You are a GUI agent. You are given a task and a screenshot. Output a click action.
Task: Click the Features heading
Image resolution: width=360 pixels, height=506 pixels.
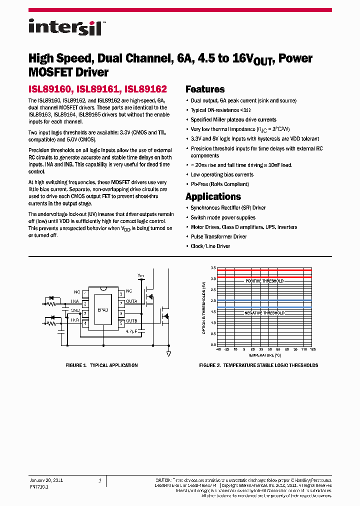tap(205, 89)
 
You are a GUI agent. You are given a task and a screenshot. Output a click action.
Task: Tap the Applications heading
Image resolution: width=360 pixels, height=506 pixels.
tap(213, 196)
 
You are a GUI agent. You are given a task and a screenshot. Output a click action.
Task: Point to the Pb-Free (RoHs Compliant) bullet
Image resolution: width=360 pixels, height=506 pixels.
tap(219, 184)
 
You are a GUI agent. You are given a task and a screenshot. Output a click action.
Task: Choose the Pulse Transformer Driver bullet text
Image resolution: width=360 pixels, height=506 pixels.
tap(218, 236)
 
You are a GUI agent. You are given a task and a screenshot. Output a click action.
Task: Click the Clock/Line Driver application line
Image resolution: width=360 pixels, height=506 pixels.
tap(210, 246)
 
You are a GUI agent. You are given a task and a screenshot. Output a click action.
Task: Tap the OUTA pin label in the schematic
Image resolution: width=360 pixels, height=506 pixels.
tap(131, 301)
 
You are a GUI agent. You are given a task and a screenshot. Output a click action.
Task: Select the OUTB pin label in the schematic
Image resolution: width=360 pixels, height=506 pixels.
tap(131, 320)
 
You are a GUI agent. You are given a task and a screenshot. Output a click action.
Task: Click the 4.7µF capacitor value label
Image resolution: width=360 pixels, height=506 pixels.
tap(132, 331)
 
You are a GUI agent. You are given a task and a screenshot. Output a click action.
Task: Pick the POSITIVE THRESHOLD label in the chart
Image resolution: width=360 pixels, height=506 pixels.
tap(264, 281)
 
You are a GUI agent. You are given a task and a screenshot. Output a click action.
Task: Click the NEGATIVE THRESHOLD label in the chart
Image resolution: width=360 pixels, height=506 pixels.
tap(264, 312)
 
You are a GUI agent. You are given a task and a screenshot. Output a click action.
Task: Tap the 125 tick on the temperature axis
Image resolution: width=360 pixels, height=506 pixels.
tap(312, 349)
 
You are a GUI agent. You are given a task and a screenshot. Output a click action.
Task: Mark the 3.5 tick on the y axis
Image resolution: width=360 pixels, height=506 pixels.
tap(213, 268)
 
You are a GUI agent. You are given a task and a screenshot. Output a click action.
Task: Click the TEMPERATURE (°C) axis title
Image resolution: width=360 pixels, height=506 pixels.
tap(264, 354)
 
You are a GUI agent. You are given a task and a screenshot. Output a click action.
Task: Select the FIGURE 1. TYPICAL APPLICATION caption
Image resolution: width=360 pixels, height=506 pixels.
tap(102, 365)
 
